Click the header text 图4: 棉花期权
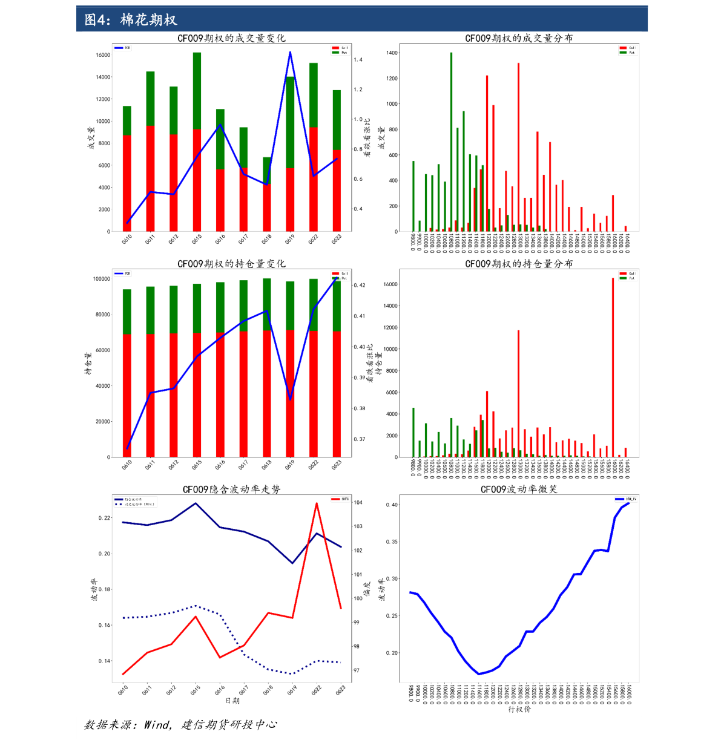pyautogui.click(x=131, y=20)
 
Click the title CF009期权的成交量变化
pyautogui.click(x=231, y=38)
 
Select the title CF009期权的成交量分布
pyautogui.click(x=519, y=38)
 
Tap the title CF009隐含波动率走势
pyautogui.click(x=231, y=489)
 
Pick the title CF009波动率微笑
pyautogui.click(x=519, y=489)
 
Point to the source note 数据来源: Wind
pyautogui.click(x=180, y=724)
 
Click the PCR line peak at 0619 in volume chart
pyautogui.click(x=290, y=53)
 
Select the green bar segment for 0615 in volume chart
pyautogui.click(x=197, y=91)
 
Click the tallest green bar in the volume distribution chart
pyautogui.click(x=451, y=142)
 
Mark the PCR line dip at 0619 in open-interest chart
pyautogui.click(x=291, y=399)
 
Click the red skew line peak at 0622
pyautogui.click(x=316, y=503)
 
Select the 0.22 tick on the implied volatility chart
pyautogui.click(x=105, y=518)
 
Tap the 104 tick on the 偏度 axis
pyautogui.click(x=358, y=503)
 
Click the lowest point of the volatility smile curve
pyautogui.click(x=478, y=673)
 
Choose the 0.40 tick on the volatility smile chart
pyautogui.click(x=392, y=505)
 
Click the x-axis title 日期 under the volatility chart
pyautogui.click(x=232, y=701)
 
